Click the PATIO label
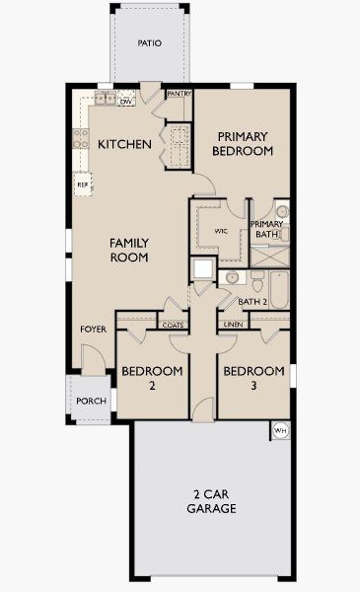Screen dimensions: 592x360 point(150,43)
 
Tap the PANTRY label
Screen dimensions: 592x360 point(180,94)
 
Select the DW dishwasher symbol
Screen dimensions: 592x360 point(126,101)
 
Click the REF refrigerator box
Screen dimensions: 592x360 point(83,184)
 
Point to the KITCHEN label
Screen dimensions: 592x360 point(125,144)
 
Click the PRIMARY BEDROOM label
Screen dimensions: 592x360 point(244,144)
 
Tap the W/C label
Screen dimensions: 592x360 point(220,233)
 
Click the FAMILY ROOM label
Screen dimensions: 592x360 point(129,250)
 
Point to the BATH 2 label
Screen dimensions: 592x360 point(253,301)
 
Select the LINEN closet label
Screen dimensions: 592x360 point(233,324)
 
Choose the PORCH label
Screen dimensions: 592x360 point(91,401)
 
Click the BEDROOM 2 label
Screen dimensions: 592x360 point(152,379)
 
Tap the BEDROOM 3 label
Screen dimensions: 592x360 point(253,379)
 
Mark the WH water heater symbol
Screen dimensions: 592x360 point(279,431)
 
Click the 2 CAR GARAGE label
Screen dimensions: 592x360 point(211,502)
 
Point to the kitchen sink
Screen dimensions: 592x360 point(105,98)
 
